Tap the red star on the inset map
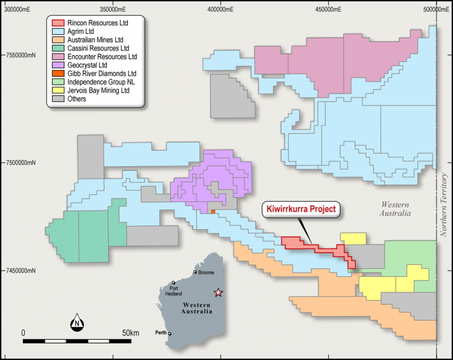click(218, 293)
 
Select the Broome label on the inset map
click(205, 272)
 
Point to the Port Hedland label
click(175, 290)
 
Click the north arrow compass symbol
click(77, 323)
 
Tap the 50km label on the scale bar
click(130, 332)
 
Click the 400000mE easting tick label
click(221, 10)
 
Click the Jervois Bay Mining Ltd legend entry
click(98, 90)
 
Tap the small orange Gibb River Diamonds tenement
click(212, 211)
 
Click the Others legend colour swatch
click(58, 99)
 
